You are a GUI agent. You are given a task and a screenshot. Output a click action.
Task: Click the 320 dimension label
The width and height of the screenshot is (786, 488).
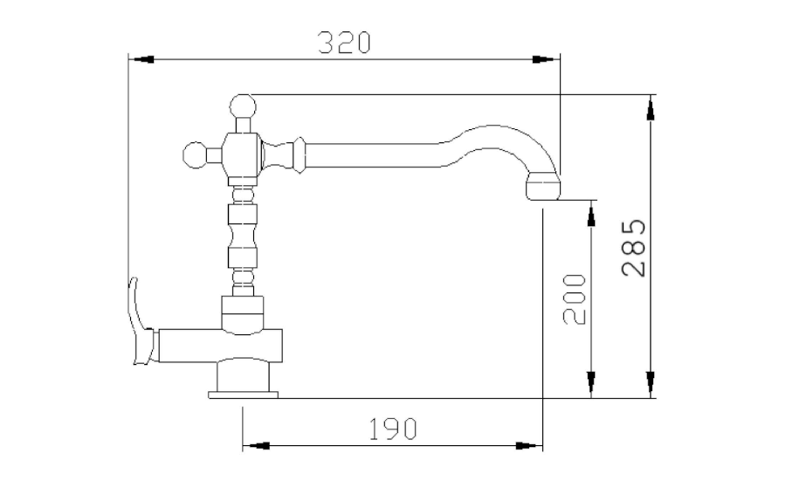(x=344, y=42)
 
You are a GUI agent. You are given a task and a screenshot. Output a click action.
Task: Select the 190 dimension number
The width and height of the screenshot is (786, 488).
(x=392, y=429)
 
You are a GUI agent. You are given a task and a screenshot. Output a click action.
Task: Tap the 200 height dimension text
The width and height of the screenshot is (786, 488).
(x=575, y=299)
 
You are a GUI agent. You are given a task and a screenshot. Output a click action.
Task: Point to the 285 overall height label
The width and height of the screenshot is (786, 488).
(x=634, y=248)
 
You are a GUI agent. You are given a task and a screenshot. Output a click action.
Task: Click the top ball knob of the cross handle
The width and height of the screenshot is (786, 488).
(x=243, y=107)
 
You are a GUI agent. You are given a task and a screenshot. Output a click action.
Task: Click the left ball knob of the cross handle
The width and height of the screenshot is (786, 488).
(x=195, y=155)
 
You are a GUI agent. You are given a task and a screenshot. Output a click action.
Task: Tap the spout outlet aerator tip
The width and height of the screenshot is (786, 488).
(x=542, y=185)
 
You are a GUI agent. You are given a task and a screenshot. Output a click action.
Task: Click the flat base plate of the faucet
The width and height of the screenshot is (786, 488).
(x=243, y=395)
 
